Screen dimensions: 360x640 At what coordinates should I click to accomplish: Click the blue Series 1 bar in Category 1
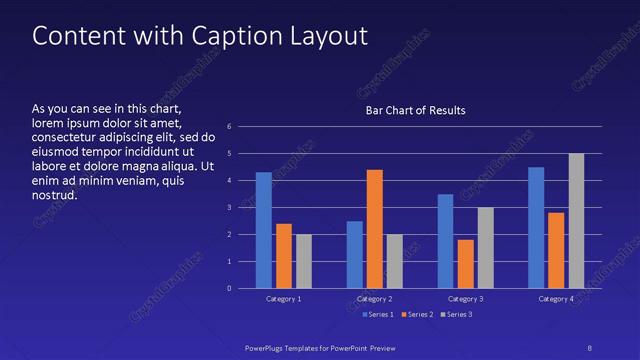point(264,230)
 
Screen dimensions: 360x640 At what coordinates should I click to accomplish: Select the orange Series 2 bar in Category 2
point(375,229)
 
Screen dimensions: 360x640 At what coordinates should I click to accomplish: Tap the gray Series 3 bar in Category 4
point(576,221)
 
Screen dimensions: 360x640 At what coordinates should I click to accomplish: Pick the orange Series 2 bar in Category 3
point(466,264)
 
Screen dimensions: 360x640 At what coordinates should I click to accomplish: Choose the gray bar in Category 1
point(304,262)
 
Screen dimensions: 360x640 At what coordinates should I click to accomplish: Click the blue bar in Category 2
point(355,255)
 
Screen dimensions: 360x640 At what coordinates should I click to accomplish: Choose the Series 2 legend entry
point(416,315)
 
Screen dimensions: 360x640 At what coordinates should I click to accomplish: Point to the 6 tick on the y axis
point(230,127)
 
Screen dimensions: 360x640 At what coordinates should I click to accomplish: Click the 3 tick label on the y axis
point(230,208)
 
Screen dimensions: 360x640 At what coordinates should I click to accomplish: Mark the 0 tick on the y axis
point(230,289)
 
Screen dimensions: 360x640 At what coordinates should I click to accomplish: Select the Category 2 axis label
point(375,299)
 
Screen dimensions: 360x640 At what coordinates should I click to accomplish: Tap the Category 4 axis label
point(556,299)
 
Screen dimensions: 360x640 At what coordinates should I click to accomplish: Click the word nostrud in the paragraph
point(55,193)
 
